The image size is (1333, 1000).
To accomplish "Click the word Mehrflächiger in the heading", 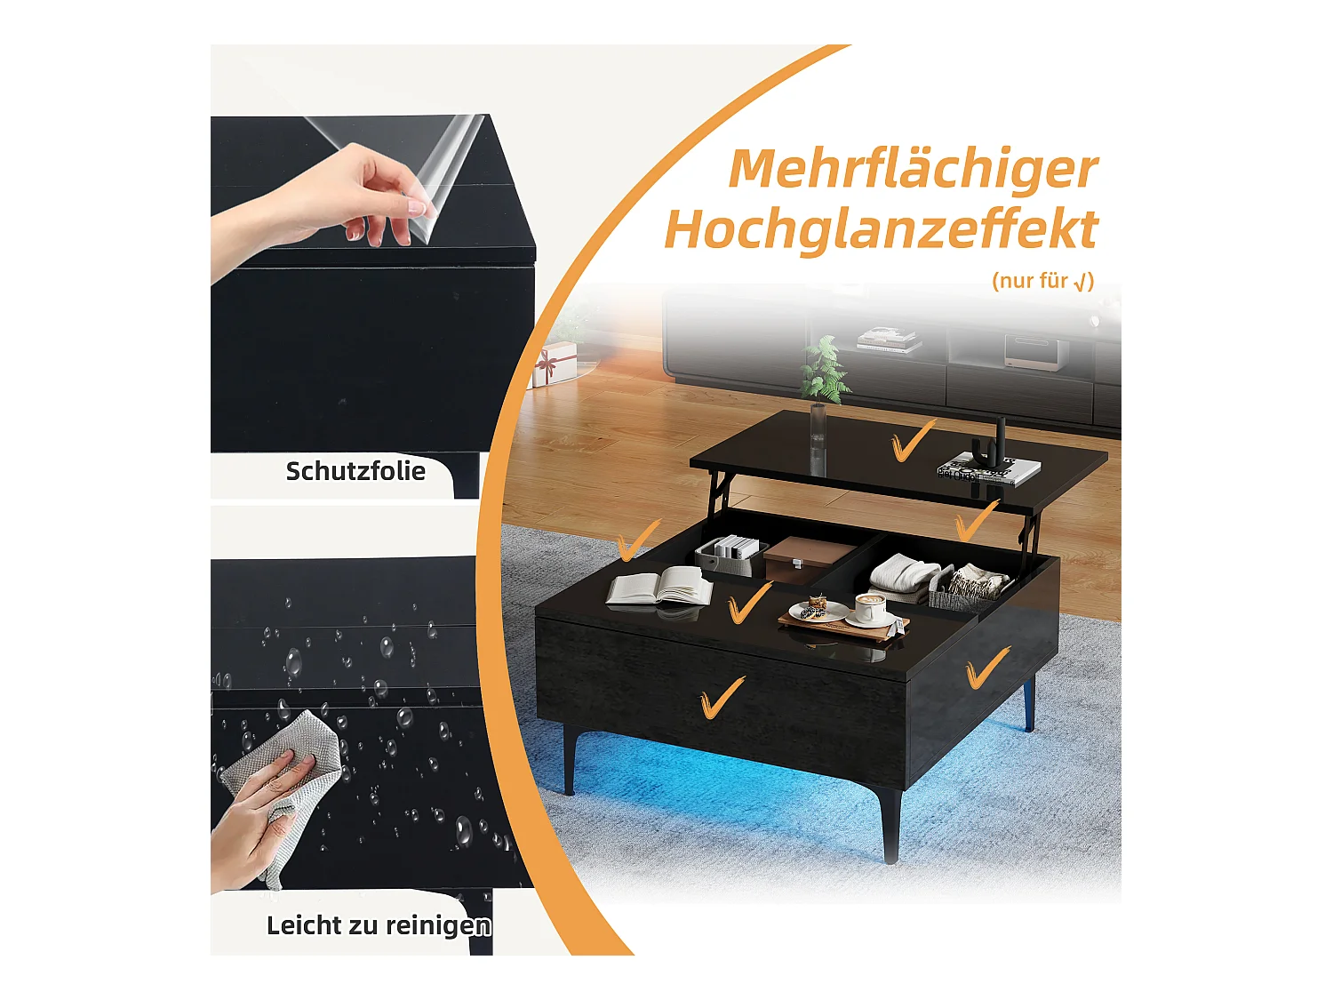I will click(x=913, y=169).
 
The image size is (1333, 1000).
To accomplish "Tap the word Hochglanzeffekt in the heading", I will click(x=881, y=229).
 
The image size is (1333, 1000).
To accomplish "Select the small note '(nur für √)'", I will click(x=1042, y=281).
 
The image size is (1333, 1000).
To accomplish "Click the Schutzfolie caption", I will click(x=355, y=471).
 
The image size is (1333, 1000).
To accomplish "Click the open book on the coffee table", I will click(x=659, y=588).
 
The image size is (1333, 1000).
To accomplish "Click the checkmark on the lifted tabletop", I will click(x=912, y=441).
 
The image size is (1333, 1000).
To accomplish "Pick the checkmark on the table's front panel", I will click(x=722, y=697).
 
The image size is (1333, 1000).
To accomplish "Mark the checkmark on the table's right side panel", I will click(x=986, y=667).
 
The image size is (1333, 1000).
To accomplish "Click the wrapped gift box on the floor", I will click(x=555, y=364).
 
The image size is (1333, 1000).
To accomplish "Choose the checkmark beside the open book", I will click(x=749, y=604).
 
